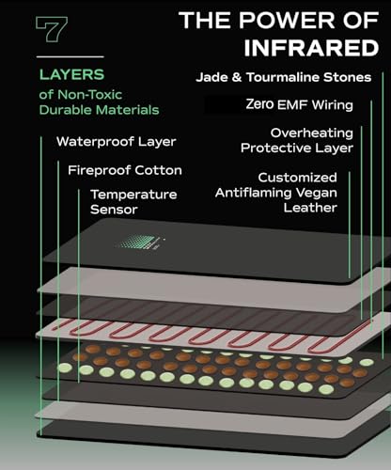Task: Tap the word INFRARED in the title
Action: point(311,48)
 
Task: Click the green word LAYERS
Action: point(71,74)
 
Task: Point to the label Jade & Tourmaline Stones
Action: point(284,77)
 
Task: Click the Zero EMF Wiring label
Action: point(299,104)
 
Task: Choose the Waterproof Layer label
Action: point(117,142)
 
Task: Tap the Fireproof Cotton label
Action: point(125,170)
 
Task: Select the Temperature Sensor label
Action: point(133,202)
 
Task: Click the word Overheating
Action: point(312,133)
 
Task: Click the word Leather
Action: point(310,208)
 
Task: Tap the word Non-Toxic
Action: point(89,94)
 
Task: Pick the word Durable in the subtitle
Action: point(66,110)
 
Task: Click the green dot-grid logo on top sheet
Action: point(142,242)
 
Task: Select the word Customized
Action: point(297,178)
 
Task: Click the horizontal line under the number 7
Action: point(70,56)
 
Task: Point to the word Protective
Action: point(276,148)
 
